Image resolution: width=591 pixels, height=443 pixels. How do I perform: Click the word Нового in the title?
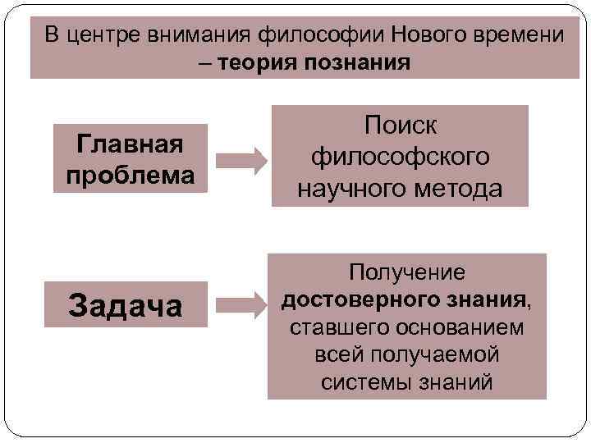tap(433, 36)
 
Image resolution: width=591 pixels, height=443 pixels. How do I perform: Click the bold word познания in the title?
tap(358, 63)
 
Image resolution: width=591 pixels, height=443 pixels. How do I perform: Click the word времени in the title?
tap(519, 36)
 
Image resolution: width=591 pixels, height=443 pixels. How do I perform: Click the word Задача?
tap(126, 307)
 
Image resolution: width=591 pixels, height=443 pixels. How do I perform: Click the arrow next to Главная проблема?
tap(241, 159)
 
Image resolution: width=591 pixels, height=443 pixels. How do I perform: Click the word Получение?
tap(407, 272)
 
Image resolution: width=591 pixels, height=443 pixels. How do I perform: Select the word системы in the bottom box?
tap(369, 382)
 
